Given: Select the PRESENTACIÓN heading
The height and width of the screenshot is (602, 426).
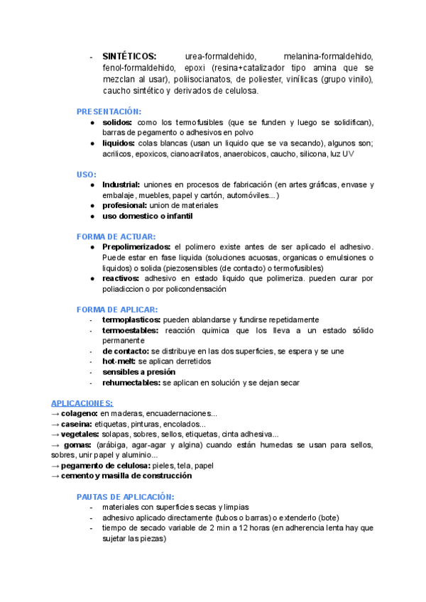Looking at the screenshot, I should (109, 111).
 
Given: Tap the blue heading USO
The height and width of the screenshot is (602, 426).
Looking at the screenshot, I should (87, 174).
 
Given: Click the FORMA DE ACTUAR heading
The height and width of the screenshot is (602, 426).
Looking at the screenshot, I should (116, 236).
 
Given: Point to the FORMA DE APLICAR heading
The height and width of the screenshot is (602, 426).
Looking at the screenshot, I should (117, 309).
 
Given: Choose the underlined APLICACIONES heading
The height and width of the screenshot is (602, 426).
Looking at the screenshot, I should (82, 403).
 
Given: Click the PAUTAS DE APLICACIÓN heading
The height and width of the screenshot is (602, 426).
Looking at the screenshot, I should (125, 497).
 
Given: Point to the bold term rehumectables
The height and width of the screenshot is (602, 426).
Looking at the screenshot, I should (131, 383).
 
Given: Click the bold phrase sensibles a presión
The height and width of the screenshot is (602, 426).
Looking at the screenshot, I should (138, 372).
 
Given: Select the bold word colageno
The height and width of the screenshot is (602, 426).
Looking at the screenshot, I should (79, 413).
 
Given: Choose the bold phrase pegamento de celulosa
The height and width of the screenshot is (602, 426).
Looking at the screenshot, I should (106, 466).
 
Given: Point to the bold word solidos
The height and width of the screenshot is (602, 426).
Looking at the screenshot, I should (117, 122).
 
